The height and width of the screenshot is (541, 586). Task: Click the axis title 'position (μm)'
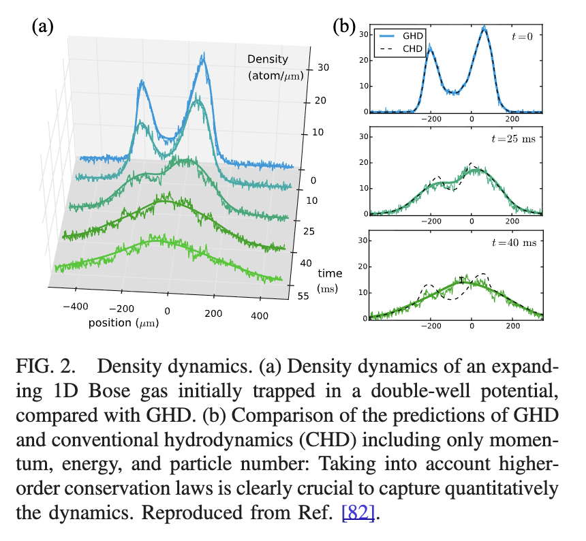(123, 322)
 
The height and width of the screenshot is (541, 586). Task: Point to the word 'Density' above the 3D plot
(268, 59)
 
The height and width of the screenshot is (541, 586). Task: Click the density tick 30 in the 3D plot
(323, 67)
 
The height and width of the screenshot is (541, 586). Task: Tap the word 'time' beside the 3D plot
(330, 273)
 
